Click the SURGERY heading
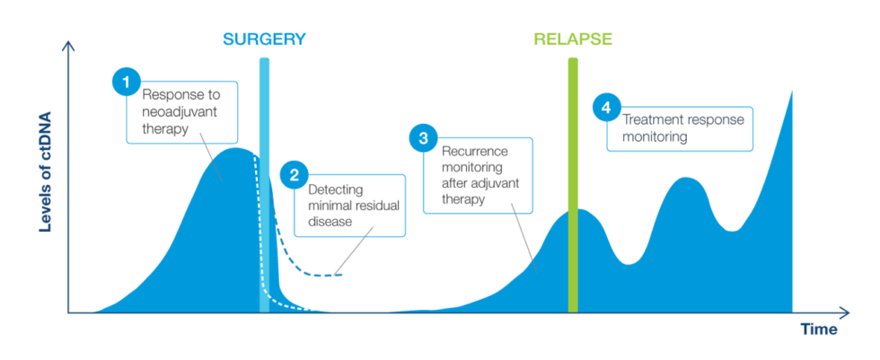click(264, 39)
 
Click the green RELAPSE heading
click(572, 39)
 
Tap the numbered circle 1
click(127, 81)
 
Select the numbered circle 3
click(423, 138)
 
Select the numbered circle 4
click(606, 107)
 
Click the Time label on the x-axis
click(818, 329)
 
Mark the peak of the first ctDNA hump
click(235, 150)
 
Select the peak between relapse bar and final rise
click(686, 179)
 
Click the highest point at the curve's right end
click(791, 92)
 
